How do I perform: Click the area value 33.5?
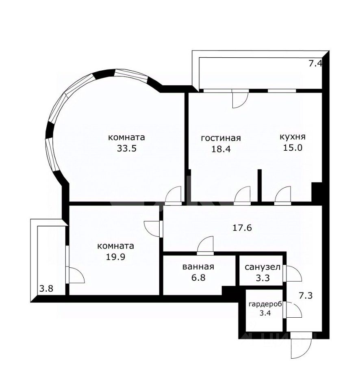127,149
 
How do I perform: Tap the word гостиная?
221,138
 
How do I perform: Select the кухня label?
293,137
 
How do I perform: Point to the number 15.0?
293,148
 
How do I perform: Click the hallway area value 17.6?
242,227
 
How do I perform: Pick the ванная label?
198,266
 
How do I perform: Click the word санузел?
263,267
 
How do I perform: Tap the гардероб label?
265,304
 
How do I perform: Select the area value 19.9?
115,257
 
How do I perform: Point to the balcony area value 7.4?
315,64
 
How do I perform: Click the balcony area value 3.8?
46,289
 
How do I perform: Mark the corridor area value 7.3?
306,296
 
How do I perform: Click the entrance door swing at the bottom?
301,345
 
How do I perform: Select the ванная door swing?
206,245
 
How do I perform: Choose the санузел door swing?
292,273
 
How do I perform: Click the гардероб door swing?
292,310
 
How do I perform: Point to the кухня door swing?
283,195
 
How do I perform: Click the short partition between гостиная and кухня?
260,186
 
